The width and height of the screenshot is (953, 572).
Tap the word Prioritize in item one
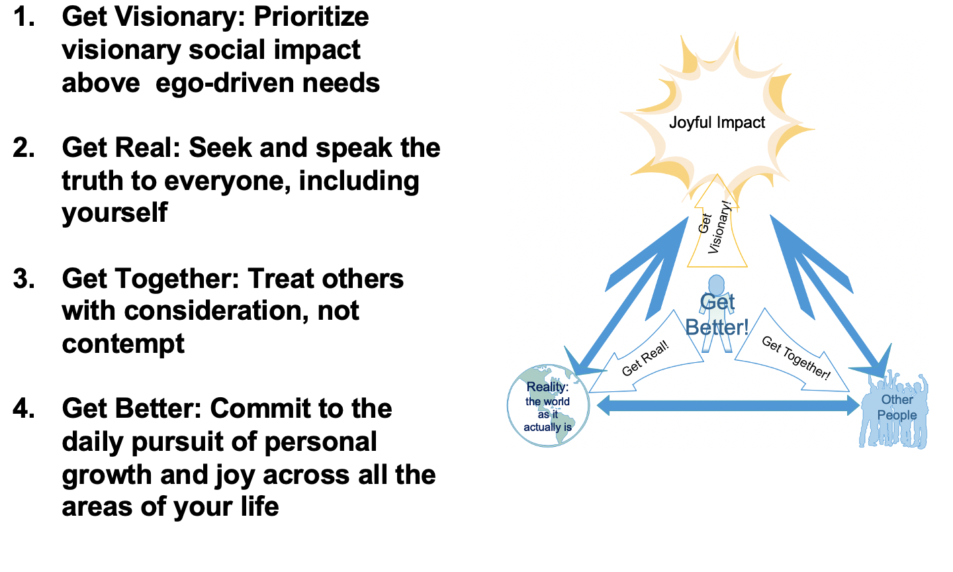(x=311, y=17)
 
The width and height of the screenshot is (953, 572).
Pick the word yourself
(x=114, y=213)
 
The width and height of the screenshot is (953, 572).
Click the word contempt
(x=123, y=344)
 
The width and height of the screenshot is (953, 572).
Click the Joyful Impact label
(x=717, y=122)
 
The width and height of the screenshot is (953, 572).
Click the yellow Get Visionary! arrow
(x=717, y=228)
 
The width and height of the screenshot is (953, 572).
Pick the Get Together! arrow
(x=794, y=357)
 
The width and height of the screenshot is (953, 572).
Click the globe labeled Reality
(x=547, y=406)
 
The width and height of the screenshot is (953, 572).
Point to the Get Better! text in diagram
(x=717, y=315)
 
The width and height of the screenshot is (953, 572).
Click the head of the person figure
(x=717, y=283)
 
